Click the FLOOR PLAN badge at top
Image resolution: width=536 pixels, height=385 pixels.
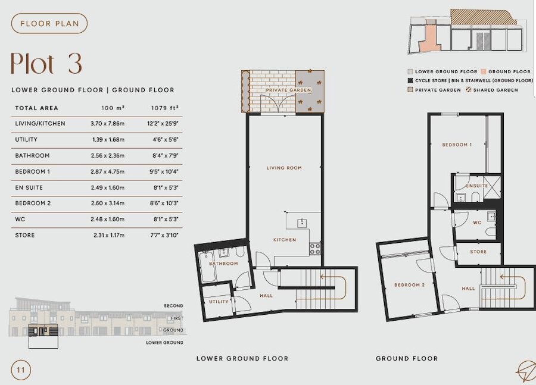pos(49,24)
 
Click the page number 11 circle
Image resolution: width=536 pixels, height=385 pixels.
pos(21,370)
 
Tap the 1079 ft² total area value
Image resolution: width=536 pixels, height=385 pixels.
pos(166,108)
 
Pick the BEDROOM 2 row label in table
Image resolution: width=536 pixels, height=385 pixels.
pos(33,204)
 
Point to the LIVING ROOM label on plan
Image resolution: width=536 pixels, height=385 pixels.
pos(284,168)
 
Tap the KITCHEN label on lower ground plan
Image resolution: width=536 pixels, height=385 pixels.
pos(284,240)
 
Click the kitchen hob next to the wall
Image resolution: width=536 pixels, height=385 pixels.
pos(314,249)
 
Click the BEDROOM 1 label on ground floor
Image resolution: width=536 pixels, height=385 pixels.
pos(457,145)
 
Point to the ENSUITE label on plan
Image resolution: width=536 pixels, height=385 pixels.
pos(477,186)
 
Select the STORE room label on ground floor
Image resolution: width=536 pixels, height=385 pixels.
pos(478,252)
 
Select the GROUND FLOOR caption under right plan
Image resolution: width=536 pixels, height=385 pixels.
pos(406,359)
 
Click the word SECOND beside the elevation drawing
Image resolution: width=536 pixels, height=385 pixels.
pos(173,306)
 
